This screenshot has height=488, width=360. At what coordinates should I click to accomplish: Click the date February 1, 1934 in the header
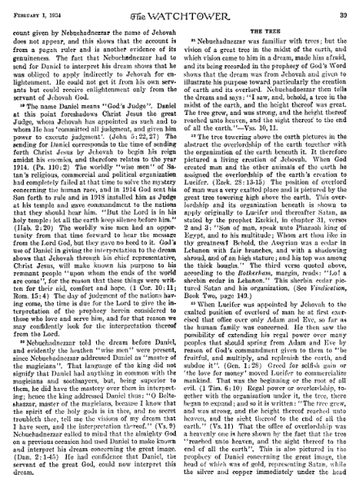[39, 8]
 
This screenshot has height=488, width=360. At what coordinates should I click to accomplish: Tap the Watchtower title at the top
[181, 9]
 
